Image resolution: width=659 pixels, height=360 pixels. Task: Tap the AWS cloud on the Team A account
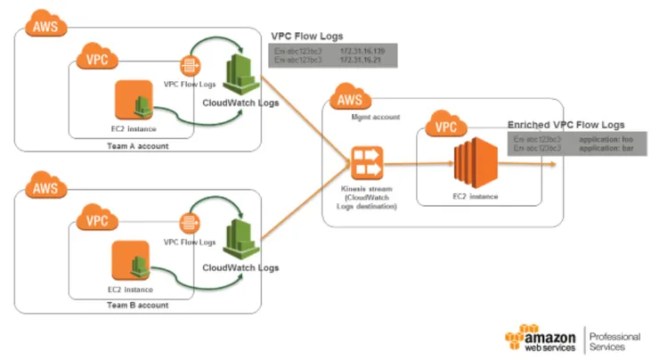[43, 25]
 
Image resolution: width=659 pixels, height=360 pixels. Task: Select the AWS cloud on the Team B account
[43, 188]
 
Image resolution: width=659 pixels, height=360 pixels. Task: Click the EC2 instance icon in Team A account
[134, 103]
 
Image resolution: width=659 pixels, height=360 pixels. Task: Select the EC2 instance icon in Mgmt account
[472, 164]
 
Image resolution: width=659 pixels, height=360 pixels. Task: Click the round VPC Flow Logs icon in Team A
[189, 65]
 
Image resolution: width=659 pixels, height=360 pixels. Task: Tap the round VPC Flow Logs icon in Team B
[189, 223]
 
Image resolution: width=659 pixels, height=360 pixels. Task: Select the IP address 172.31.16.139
[360, 52]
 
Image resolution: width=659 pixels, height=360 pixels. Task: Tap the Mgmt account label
[371, 116]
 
